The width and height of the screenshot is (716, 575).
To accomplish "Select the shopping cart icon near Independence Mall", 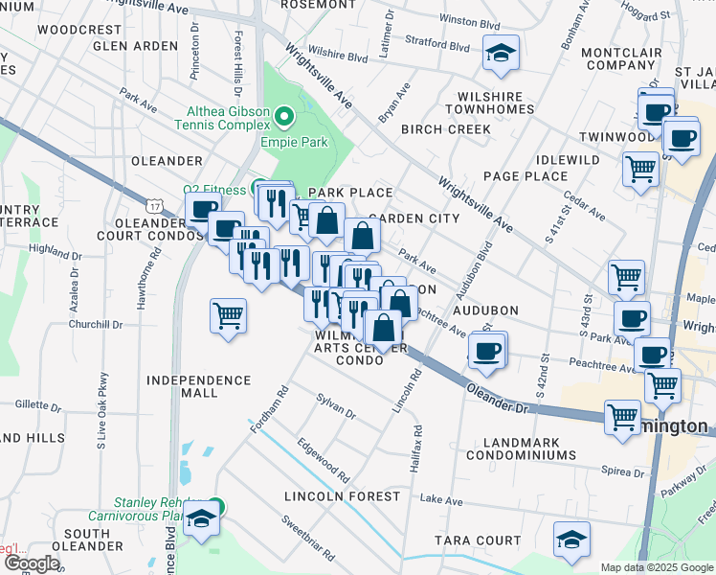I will tap(229, 315).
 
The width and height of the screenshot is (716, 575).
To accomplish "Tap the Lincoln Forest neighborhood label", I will tap(342, 496).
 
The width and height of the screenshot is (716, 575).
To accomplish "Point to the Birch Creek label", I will tap(446, 129).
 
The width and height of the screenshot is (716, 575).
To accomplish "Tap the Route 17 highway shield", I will tap(155, 205).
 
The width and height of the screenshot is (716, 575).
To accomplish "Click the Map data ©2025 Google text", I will tap(657, 567).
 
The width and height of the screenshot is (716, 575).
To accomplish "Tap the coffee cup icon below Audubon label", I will tap(487, 350).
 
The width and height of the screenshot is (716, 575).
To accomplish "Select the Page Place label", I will tap(526, 176).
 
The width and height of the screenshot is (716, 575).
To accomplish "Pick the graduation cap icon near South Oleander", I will tap(201, 519).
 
